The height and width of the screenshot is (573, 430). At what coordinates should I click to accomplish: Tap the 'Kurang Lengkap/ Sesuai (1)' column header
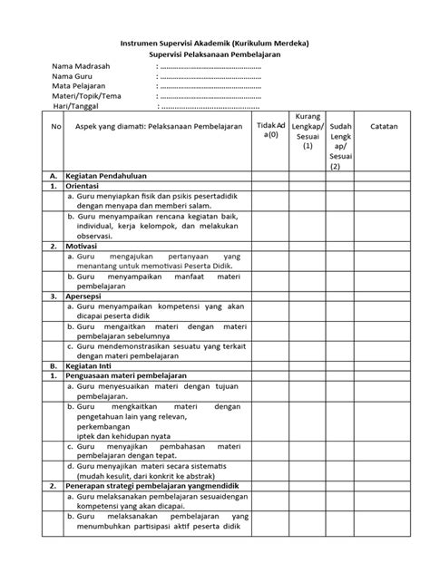[x=308, y=131]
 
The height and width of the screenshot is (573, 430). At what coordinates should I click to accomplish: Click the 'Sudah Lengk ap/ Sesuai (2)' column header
[x=340, y=145]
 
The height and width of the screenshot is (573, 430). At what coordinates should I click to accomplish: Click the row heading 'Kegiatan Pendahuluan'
[x=112, y=176]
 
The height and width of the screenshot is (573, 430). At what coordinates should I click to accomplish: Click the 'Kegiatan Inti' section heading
[x=93, y=365]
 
